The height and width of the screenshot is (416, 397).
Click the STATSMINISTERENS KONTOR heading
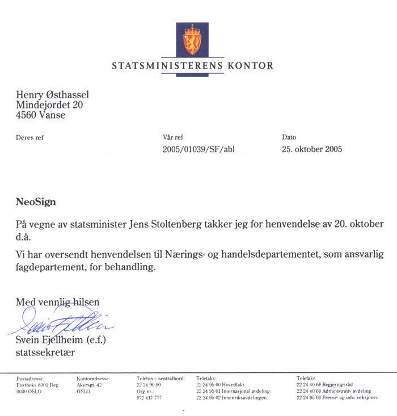pyautogui.click(x=192, y=66)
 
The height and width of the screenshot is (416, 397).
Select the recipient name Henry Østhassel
pyautogui.click(x=52, y=95)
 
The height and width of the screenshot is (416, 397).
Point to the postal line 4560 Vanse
pyautogui.click(x=40, y=115)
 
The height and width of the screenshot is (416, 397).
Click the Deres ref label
pyautogui.click(x=29, y=137)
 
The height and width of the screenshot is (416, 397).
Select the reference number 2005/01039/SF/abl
pyautogui.click(x=198, y=150)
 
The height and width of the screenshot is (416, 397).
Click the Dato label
pyautogui.click(x=289, y=137)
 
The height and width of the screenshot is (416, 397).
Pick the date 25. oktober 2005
pyautogui.click(x=311, y=150)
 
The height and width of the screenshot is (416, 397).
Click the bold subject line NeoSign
pyautogui.click(x=36, y=202)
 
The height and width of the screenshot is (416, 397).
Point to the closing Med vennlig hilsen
pyautogui.click(x=57, y=302)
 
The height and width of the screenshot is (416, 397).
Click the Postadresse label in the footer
pyautogui.click(x=31, y=378)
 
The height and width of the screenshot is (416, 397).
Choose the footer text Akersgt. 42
pyautogui.click(x=89, y=385)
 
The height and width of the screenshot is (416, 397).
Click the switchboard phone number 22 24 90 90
pyautogui.click(x=149, y=385)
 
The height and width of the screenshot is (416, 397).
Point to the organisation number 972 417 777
pyautogui.click(x=149, y=398)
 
